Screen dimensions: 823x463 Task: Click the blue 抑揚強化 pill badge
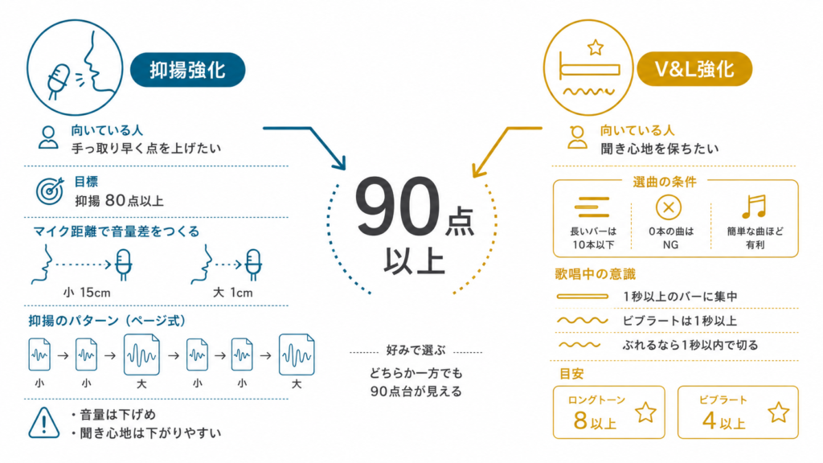click(x=187, y=70)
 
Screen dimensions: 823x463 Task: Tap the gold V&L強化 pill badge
click(x=694, y=69)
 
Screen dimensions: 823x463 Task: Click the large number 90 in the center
click(x=397, y=207)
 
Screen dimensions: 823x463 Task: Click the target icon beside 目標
click(x=50, y=191)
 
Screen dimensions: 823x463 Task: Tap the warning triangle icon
click(x=44, y=423)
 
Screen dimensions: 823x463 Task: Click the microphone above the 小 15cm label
click(x=123, y=264)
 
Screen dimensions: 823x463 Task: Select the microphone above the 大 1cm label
click(x=253, y=264)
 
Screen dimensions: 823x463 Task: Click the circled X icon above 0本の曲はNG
click(x=669, y=207)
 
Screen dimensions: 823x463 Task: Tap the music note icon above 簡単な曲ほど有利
click(x=754, y=207)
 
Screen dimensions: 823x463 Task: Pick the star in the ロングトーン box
click(x=645, y=412)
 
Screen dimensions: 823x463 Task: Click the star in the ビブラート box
click(x=778, y=412)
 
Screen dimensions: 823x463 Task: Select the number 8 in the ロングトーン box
click(x=580, y=420)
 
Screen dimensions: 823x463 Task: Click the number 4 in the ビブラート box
click(x=709, y=420)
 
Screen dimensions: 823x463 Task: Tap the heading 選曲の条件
click(x=665, y=182)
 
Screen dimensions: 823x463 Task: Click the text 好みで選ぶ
click(x=416, y=350)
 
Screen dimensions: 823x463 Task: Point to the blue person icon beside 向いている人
click(x=48, y=137)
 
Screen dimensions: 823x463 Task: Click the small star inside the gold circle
click(x=596, y=47)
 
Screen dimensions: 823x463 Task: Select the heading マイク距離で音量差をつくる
click(x=116, y=231)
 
